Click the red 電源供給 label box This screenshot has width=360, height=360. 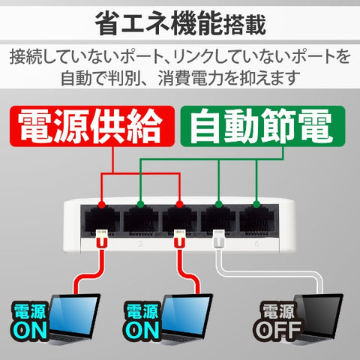click(x=92, y=126)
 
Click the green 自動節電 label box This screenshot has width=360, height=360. click(x=262, y=126)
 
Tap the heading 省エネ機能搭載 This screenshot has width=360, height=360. click(x=181, y=24)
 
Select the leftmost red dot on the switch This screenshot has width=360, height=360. click(x=101, y=205)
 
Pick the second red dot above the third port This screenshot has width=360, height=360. click(x=179, y=205)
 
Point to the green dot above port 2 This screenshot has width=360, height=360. click(x=140, y=204)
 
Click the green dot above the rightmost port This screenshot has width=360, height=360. click(x=256, y=204)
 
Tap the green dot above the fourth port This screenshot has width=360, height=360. click(x=219, y=204)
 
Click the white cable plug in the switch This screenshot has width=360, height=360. click(x=219, y=239)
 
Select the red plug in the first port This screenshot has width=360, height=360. click(x=102, y=238)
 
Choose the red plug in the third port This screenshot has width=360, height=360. click(x=179, y=238)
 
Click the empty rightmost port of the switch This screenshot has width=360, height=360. click(x=256, y=220)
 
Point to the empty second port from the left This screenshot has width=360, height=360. click(x=141, y=220)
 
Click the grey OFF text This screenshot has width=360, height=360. click(x=277, y=330)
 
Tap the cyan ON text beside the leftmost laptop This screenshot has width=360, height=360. click(x=30, y=330)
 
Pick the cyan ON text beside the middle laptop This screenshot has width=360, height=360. click(x=142, y=330)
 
